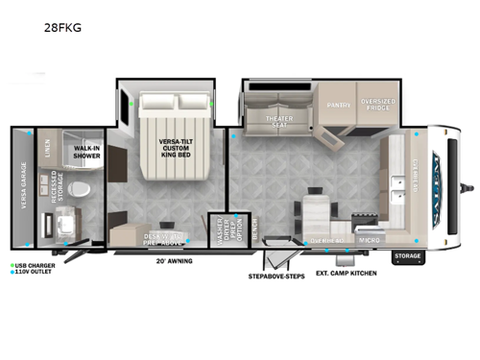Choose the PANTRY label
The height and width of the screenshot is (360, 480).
337,105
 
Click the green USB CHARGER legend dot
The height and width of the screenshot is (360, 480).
13,264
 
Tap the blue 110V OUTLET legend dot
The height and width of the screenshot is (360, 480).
13,273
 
